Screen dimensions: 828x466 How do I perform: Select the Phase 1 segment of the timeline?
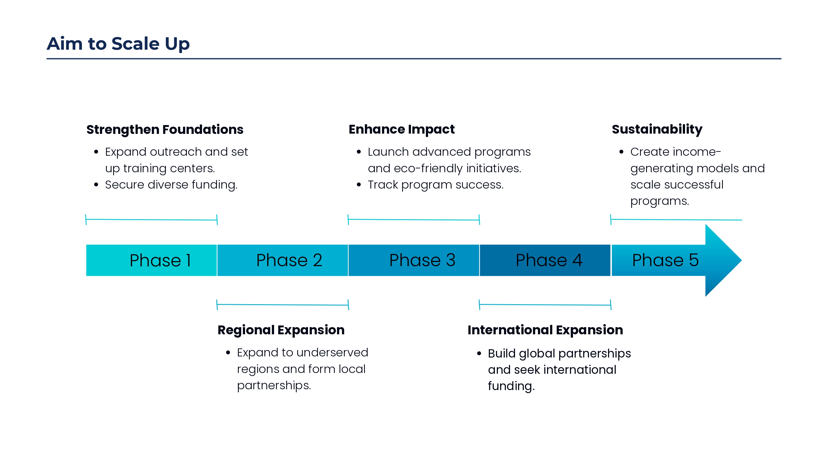click(152, 260)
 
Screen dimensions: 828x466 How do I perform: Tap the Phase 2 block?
click(283, 260)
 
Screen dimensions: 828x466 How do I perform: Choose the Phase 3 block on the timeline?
click(414, 260)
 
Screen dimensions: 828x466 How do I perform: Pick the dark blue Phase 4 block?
click(545, 260)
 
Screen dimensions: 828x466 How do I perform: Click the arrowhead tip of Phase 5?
click(742, 260)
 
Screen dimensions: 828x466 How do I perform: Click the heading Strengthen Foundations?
click(165, 129)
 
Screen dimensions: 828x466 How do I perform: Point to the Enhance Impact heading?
click(402, 129)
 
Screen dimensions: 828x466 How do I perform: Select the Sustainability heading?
click(657, 129)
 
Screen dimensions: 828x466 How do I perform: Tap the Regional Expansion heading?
click(281, 330)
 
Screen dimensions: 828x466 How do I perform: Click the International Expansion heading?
click(545, 330)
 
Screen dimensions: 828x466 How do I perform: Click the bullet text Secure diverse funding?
click(171, 185)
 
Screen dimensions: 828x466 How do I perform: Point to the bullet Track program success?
click(436, 185)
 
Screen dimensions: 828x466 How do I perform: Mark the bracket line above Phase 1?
click(152, 220)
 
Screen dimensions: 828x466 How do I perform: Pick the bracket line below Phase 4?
click(545, 305)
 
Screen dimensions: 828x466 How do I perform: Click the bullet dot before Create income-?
click(621, 152)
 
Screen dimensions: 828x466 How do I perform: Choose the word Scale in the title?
click(135, 44)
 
